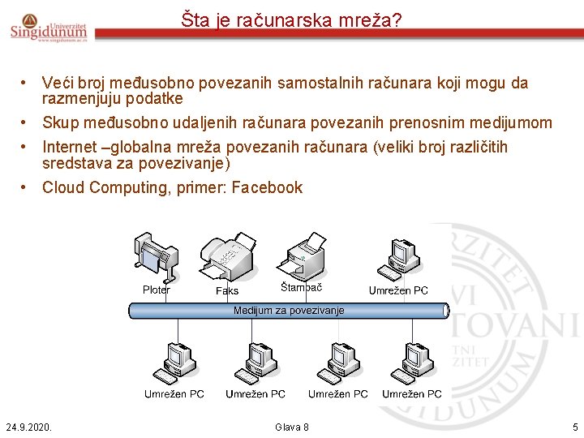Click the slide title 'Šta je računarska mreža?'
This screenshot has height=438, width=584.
tap(291, 20)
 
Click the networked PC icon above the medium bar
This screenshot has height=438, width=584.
tap(401, 257)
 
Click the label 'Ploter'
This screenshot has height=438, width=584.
tap(157, 290)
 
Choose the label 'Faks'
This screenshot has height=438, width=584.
tap(227, 290)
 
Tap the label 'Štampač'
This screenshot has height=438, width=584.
tap(302, 288)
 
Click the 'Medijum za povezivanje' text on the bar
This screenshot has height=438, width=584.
tap(289, 311)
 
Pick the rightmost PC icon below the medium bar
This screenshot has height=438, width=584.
tap(413, 361)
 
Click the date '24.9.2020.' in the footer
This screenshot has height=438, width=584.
tap(28, 427)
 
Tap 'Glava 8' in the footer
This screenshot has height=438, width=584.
tap(292, 427)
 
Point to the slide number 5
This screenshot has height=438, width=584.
tap(574, 427)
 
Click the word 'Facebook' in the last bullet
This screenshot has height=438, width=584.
tap(266, 188)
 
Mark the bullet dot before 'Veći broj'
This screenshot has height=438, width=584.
tap(27, 83)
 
